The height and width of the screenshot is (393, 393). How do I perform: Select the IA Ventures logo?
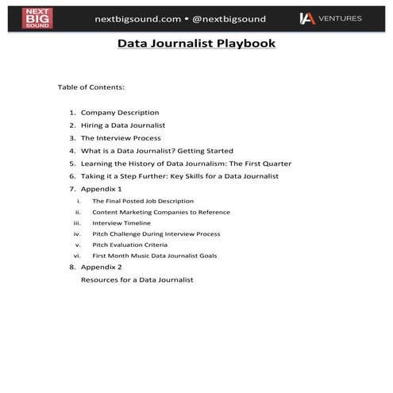(329, 17)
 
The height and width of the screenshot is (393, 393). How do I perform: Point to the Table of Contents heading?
(91, 87)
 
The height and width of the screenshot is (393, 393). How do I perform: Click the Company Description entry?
(120, 112)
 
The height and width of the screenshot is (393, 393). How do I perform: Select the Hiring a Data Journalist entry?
(123, 125)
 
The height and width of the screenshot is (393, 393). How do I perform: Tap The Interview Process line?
(121, 137)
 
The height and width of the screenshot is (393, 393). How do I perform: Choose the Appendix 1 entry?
(101, 189)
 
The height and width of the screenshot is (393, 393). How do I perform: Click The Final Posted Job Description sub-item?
(143, 201)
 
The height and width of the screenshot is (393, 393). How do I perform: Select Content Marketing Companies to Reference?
(161, 212)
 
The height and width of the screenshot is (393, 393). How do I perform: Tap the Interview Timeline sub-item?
(121, 223)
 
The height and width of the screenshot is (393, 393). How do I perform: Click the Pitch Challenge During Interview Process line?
(156, 234)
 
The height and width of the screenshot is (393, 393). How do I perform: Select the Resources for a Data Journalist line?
(137, 279)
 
